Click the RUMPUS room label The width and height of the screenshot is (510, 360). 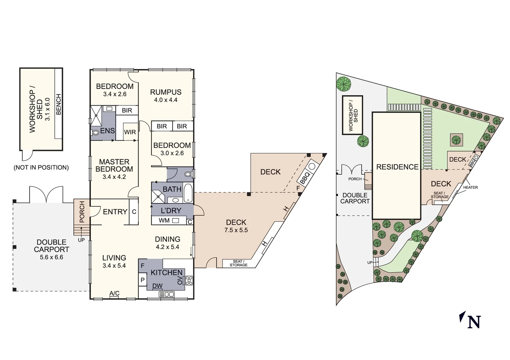(165, 92)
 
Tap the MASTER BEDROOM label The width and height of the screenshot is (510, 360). (114, 165)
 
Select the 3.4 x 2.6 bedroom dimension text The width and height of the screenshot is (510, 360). (115, 94)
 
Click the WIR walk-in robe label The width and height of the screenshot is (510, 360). (130, 132)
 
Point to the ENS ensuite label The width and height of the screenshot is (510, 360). (107, 131)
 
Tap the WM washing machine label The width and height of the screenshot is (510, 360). (164, 220)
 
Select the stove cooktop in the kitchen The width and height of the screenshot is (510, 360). (189, 281)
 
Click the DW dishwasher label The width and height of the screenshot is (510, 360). (157, 286)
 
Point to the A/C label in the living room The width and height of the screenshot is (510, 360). (114, 293)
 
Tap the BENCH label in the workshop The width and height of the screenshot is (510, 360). (59, 104)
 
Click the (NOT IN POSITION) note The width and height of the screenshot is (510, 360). (41, 168)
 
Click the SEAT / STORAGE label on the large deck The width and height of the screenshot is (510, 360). (238, 263)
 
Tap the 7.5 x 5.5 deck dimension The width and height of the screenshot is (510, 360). (236, 230)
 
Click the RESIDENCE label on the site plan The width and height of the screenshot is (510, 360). (397, 167)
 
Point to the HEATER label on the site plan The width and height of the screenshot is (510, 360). (470, 187)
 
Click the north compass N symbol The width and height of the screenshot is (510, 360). (474, 322)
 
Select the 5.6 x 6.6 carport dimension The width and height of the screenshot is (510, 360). (51, 257)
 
